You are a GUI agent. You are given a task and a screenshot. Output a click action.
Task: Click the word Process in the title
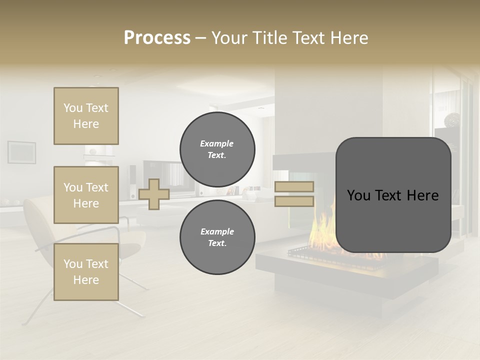coord(157,38)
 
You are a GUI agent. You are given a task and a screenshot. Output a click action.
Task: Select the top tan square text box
coord(86,116)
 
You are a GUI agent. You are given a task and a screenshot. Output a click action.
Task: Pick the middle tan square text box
coord(86,195)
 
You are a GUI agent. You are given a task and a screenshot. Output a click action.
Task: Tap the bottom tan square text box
coord(86,272)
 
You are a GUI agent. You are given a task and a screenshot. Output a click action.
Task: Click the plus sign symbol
coord(154,194)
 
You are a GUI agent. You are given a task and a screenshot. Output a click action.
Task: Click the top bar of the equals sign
coord(294,187)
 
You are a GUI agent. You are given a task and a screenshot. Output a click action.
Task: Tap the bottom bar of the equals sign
coord(294,201)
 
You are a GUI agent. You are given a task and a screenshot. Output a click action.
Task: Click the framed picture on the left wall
coord(21,152)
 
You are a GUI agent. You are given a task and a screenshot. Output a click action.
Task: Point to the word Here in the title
coord(349,38)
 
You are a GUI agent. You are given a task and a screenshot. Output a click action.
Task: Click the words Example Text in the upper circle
coord(217,149)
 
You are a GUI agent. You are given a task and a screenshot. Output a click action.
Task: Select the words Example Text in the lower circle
coord(217,237)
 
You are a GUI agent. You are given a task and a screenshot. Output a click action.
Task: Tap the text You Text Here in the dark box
coord(393,195)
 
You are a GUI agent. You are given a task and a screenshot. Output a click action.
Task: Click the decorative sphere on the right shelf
coord(453,120)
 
